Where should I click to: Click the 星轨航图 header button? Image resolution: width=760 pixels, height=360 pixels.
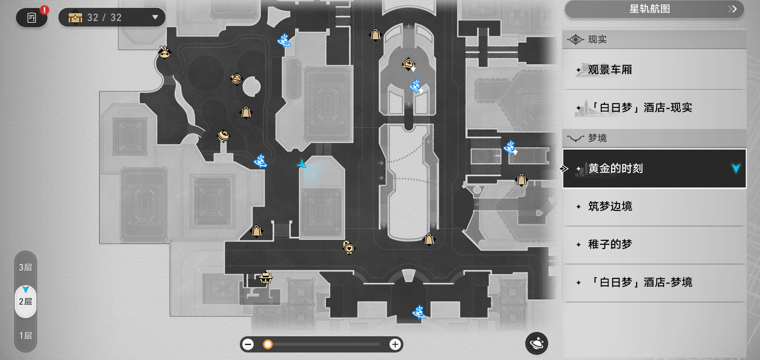[x=654, y=9]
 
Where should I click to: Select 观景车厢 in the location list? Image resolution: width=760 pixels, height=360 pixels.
[x=654, y=70]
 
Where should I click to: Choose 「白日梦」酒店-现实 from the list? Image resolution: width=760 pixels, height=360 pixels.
[x=654, y=108]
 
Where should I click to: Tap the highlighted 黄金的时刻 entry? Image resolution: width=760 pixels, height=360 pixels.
[x=654, y=169]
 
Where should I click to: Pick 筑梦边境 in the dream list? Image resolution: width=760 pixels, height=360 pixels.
[x=654, y=207]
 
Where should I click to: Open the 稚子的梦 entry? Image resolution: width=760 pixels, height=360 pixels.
[x=654, y=244]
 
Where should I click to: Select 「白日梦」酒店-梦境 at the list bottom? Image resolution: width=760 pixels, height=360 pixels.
[x=654, y=282]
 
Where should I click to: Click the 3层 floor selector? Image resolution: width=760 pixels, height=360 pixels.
[x=26, y=267]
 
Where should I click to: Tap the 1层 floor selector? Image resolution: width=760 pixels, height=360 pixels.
[x=26, y=336]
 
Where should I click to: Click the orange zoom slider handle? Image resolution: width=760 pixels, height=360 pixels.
[x=268, y=345]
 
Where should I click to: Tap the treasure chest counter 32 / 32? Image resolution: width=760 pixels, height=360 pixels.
[x=112, y=17]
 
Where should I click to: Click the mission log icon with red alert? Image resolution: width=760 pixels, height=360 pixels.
[x=32, y=18]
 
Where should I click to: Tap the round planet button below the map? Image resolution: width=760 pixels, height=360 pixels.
[x=536, y=343]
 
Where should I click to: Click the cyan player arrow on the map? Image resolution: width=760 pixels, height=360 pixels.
[x=302, y=164]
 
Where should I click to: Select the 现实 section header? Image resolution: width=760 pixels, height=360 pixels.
[x=654, y=40]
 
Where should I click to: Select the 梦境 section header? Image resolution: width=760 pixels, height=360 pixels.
[x=654, y=138]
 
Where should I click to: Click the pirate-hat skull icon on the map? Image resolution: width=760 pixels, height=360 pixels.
[x=266, y=278]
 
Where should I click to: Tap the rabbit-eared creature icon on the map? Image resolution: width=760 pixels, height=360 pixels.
[x=164, y=52]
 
